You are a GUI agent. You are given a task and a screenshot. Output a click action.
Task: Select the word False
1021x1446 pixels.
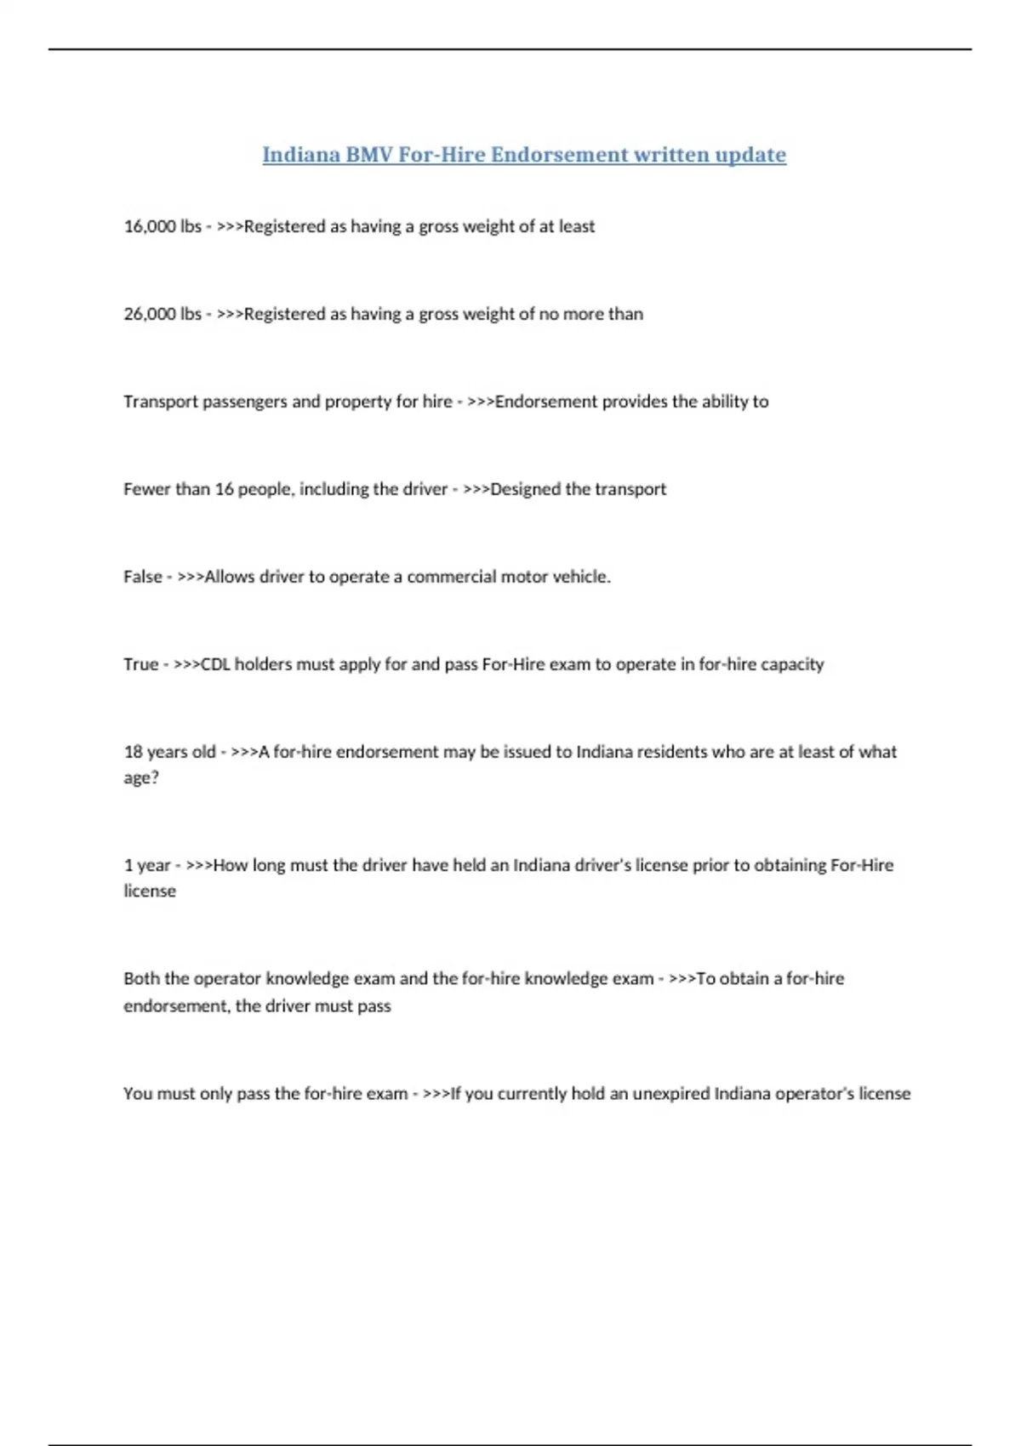142,577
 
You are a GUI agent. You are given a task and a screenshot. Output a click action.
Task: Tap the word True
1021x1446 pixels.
140,664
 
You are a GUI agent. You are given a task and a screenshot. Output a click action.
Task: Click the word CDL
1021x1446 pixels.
215,664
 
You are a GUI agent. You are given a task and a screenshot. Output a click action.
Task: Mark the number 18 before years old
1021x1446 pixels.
133,752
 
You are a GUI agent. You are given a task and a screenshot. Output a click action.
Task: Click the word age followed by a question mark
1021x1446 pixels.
138,778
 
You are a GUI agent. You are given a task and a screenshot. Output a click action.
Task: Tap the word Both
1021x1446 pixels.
141,979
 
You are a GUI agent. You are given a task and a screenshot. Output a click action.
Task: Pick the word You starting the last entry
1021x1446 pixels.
137,1094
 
